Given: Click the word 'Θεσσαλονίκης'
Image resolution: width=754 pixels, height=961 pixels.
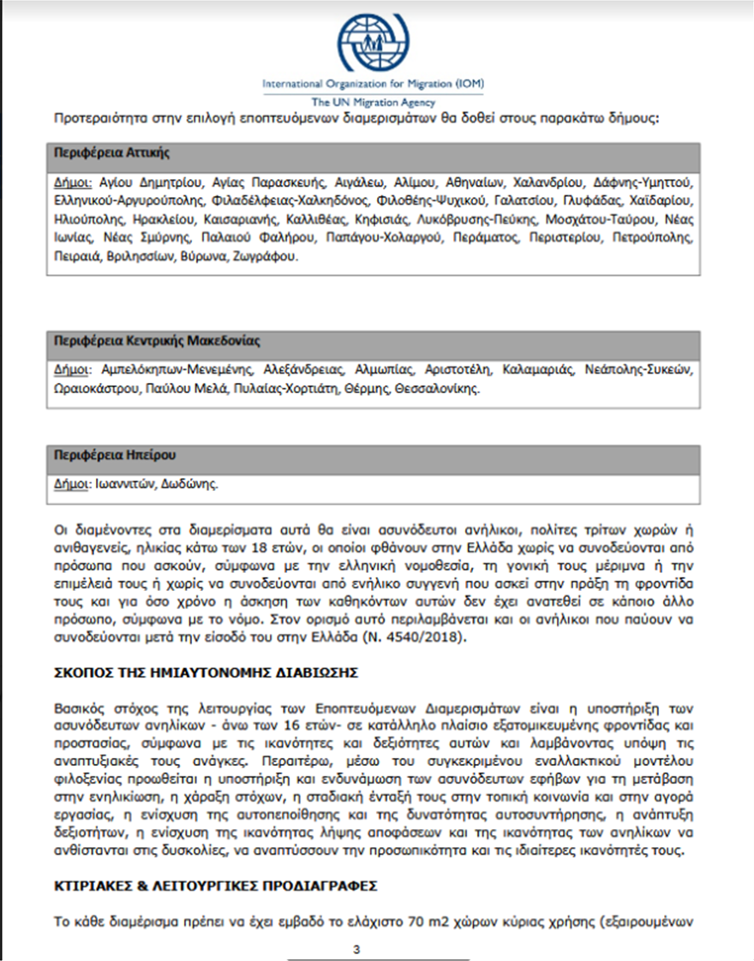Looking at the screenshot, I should point(438,388).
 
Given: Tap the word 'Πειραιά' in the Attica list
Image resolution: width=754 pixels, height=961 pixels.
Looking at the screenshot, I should point(76,256).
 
